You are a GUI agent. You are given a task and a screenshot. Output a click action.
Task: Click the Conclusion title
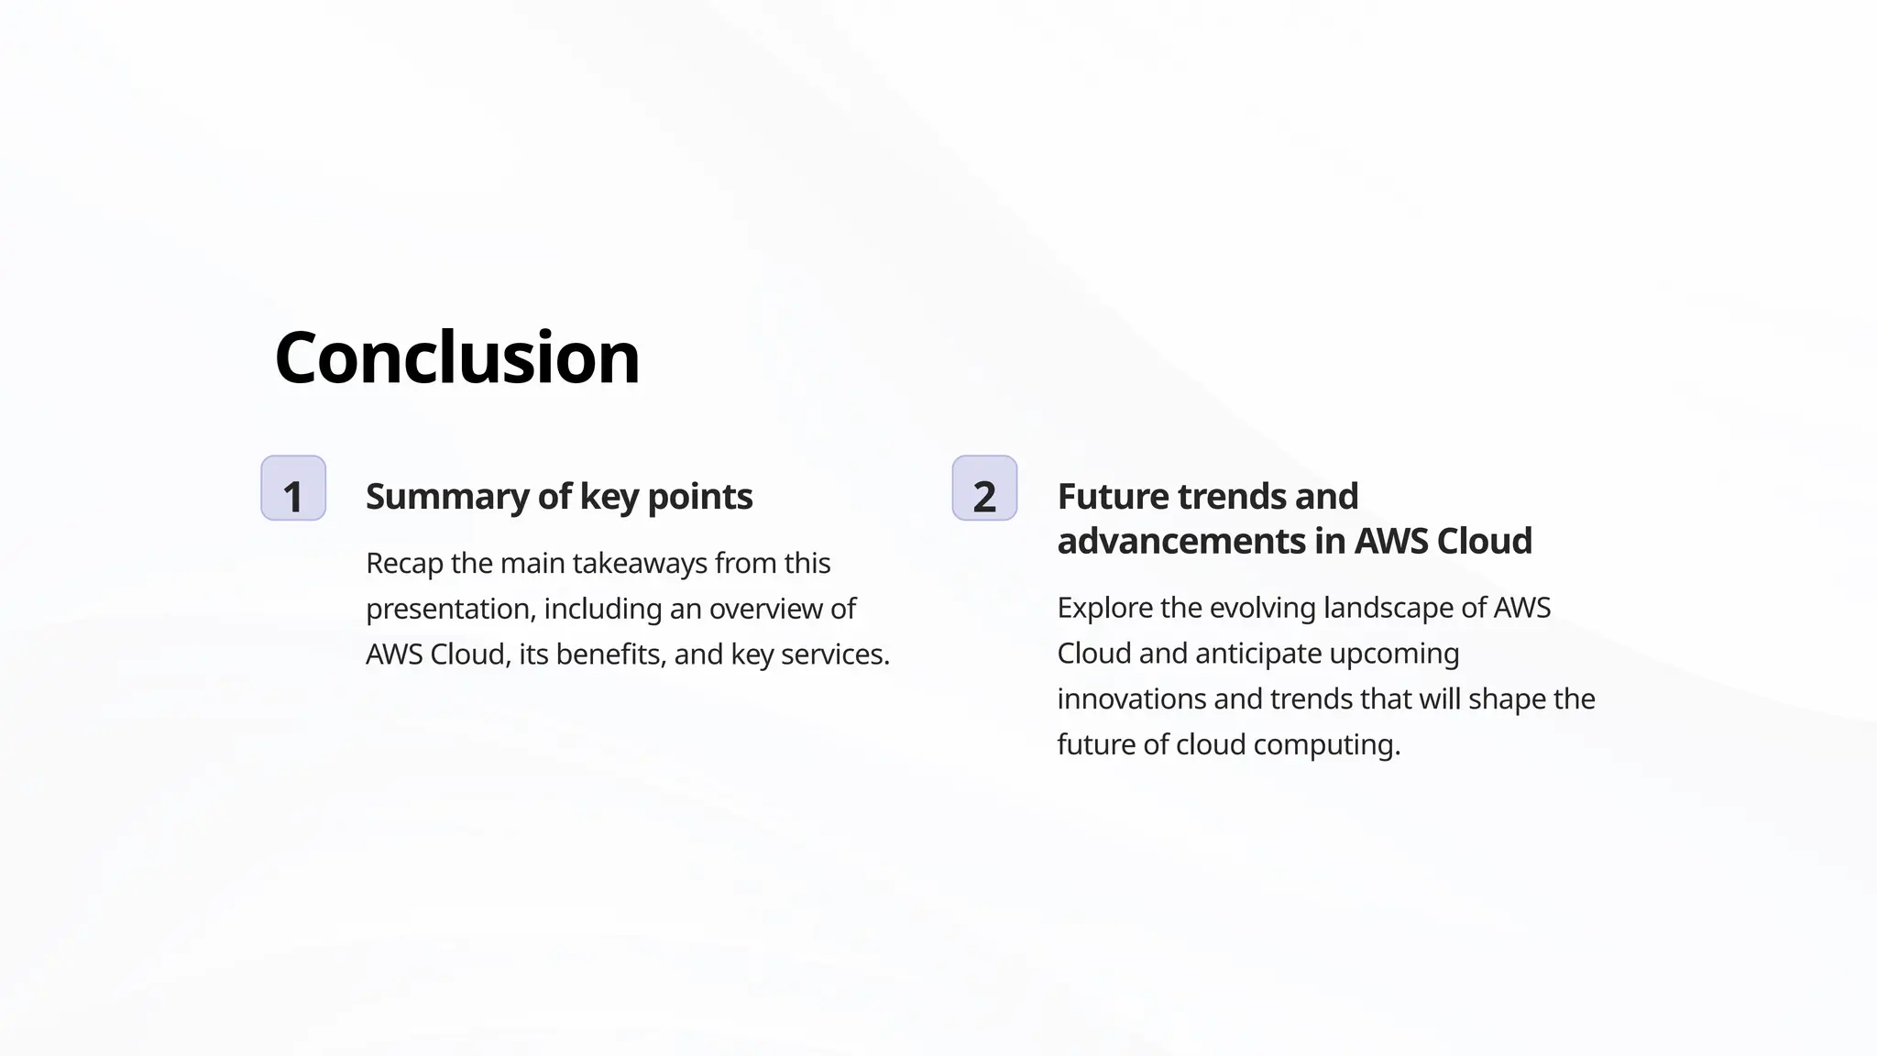456,357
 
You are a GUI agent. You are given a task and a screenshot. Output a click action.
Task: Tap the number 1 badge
293,489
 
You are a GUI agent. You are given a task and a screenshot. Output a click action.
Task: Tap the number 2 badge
984,489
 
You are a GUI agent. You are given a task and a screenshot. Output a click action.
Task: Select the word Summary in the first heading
447,497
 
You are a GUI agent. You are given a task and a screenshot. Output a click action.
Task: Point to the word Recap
404,564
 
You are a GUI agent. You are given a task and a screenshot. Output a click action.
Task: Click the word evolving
1263,609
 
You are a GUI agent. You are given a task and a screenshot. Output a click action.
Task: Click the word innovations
1131,699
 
